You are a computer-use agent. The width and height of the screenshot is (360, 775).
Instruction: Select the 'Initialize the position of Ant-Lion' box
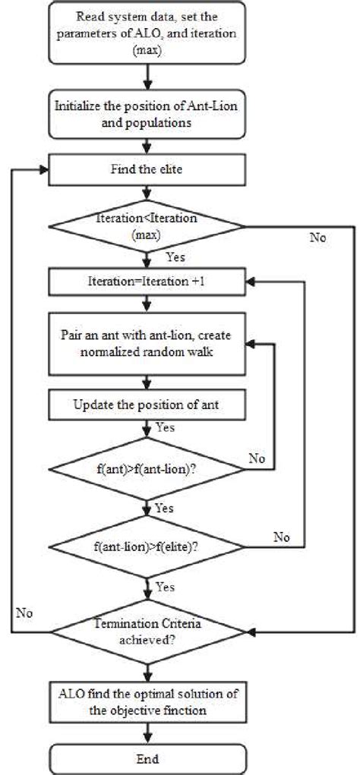147,113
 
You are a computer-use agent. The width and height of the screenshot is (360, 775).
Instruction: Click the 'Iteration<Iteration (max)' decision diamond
147,226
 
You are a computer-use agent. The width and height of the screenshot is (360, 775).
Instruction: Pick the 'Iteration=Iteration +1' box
147,283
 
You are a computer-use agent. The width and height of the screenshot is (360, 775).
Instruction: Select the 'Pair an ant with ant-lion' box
147,342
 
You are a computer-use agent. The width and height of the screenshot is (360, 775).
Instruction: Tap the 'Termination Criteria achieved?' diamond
147,630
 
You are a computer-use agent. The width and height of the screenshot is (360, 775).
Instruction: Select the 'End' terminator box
147,758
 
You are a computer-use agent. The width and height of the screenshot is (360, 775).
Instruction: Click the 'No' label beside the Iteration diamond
317,238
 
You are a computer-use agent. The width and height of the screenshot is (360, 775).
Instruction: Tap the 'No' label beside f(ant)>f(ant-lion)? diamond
256,458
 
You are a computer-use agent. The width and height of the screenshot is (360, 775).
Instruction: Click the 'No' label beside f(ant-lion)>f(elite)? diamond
282,537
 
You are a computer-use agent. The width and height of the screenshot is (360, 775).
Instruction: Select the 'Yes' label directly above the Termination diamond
166,587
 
